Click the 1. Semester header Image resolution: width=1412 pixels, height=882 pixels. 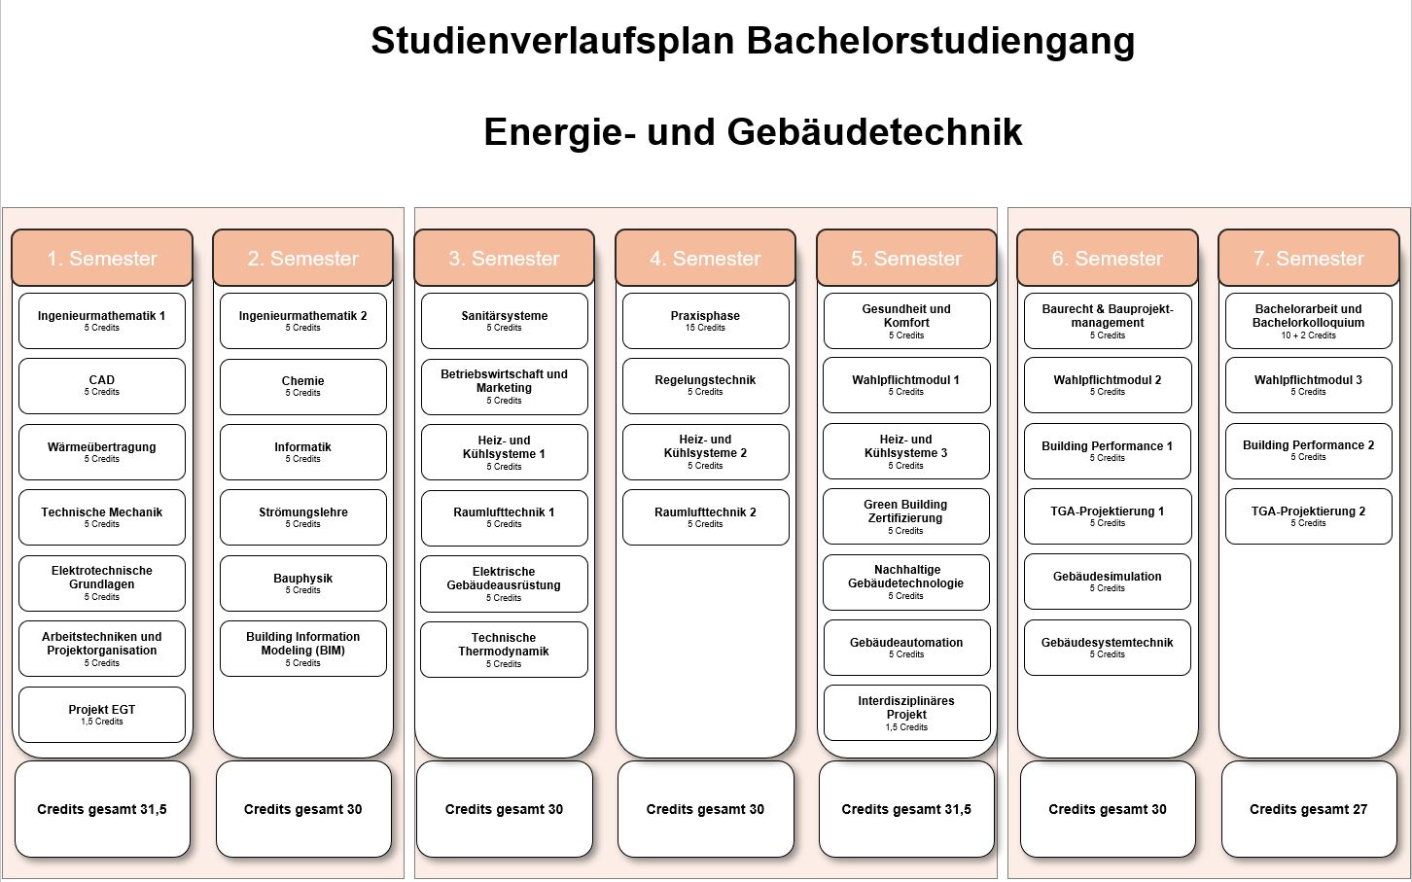click(x=102, y=258)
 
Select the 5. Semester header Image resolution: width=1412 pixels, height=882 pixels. click(x=906, y=258)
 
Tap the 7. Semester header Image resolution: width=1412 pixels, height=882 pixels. click(x=1309, y=258)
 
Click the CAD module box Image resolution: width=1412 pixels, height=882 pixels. click(x=102, y=386)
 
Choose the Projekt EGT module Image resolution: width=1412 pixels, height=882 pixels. click(x=102, y=715)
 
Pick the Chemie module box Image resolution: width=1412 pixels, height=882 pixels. click(x=303, y=386)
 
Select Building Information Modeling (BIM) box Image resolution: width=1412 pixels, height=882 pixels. click(x=303, y=649)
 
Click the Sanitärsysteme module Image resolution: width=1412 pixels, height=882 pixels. click(x=505, y=321)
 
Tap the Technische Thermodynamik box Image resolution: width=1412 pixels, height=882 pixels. click(x=505, y=650)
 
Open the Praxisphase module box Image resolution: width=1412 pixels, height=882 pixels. click(x=705, y=321)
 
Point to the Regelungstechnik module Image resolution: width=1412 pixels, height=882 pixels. click(x=705, y=386)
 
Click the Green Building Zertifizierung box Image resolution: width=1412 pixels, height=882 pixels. click(x=906, y=516)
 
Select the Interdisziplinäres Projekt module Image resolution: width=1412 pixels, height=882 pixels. click(x=906, y=713)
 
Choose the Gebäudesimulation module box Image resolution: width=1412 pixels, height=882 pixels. click(x=1108, y=582)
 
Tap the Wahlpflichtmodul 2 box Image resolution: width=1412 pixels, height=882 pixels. click(x=1108, y=385)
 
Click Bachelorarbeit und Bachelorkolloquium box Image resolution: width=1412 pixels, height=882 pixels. click(x=1309, y=321)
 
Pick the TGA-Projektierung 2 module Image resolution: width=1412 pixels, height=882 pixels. click(x=1309, y=516)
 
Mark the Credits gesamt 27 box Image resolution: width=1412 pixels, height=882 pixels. click(x=1309, y=809)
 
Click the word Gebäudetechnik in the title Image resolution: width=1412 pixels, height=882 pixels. click(x=874, y=131)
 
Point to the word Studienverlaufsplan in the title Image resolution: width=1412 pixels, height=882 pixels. click(x=552, y=42)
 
